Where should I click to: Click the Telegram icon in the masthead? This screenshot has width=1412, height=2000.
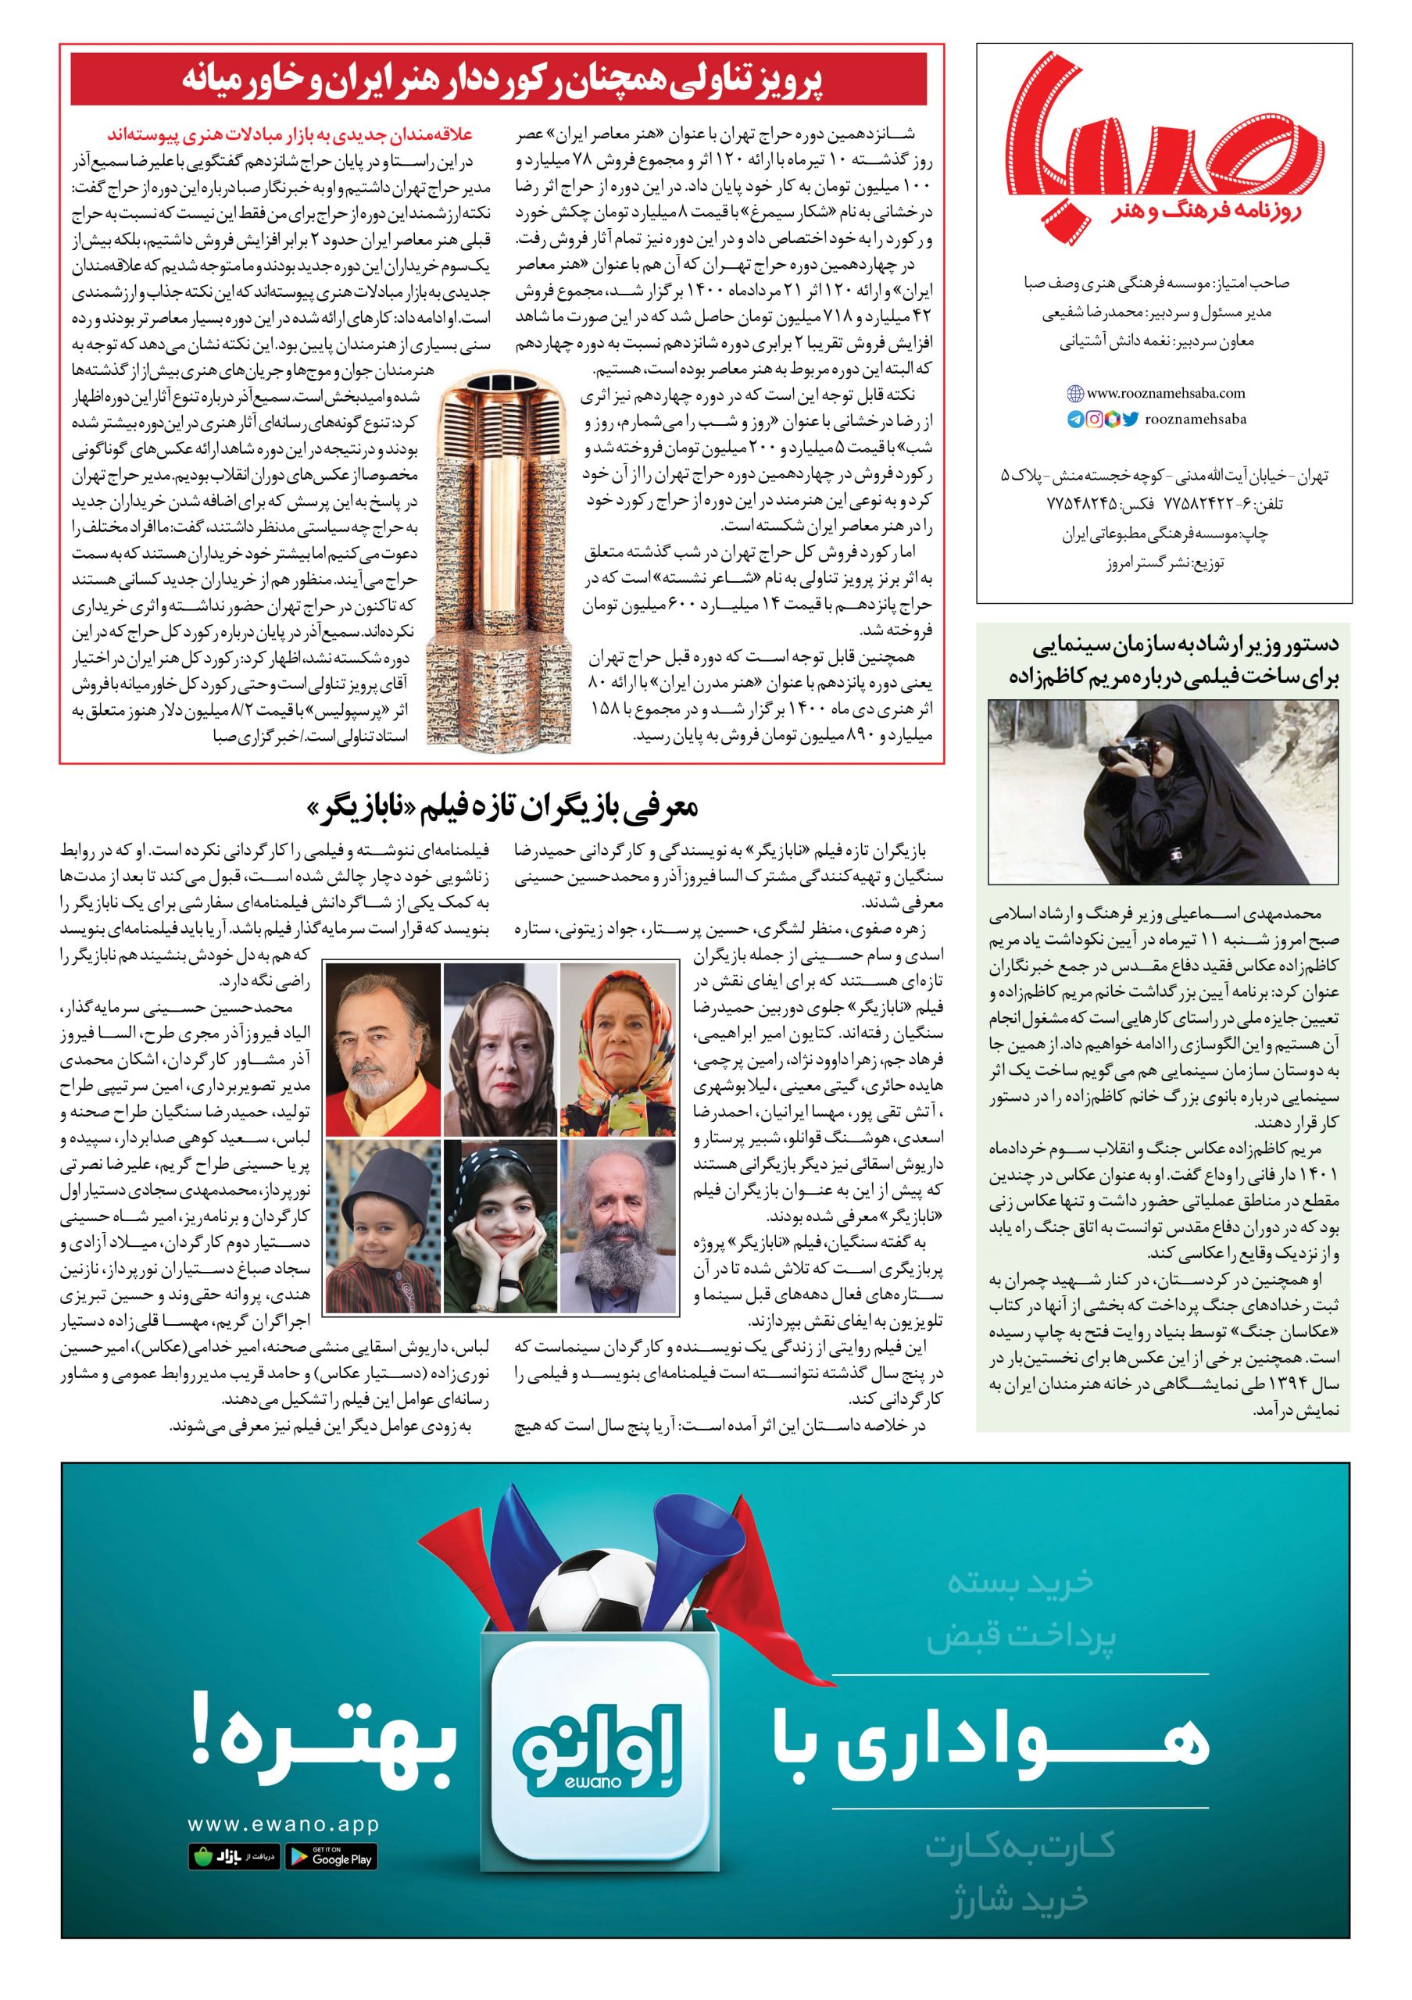pyautogui.click(x=1076, y=419)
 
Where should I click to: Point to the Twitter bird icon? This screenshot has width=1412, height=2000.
pyautogui.click(x=1130, y=419)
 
